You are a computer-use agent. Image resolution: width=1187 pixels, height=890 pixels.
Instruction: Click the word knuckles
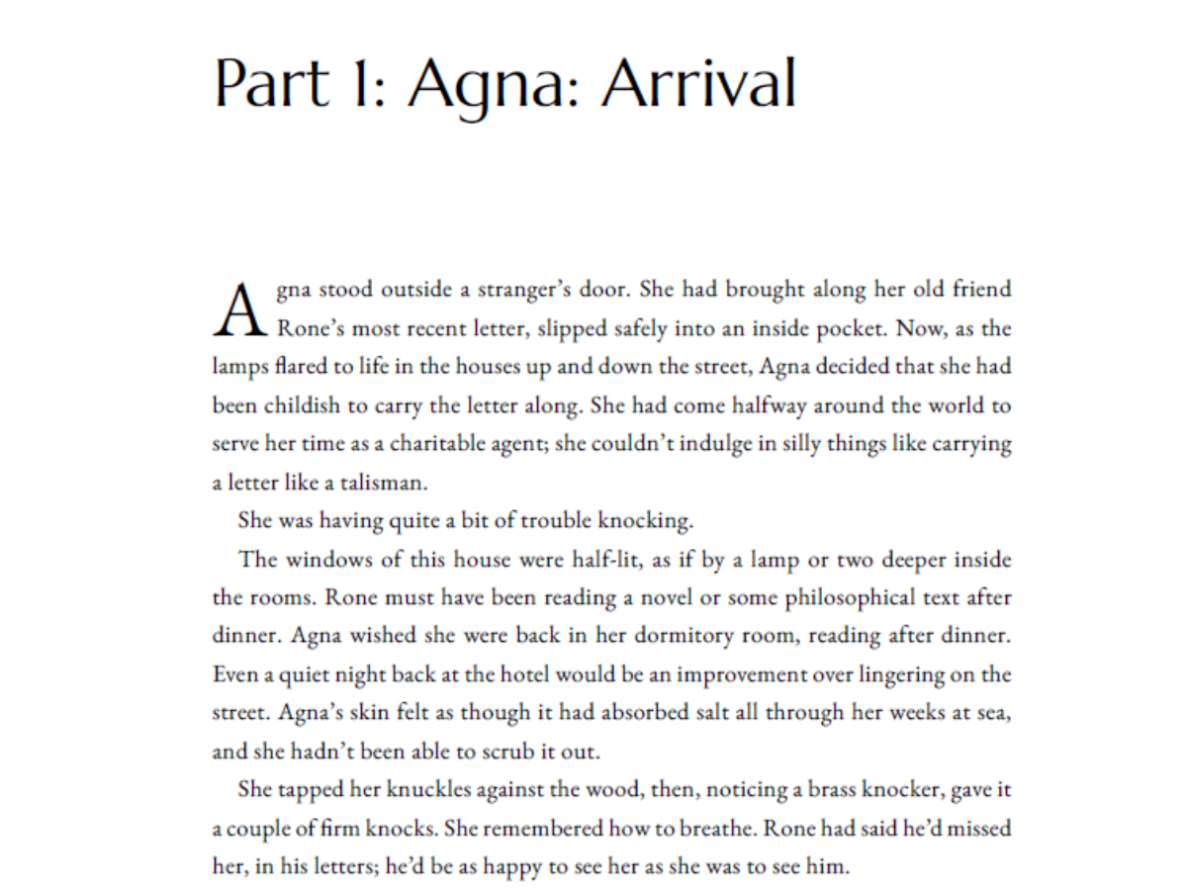385,790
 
